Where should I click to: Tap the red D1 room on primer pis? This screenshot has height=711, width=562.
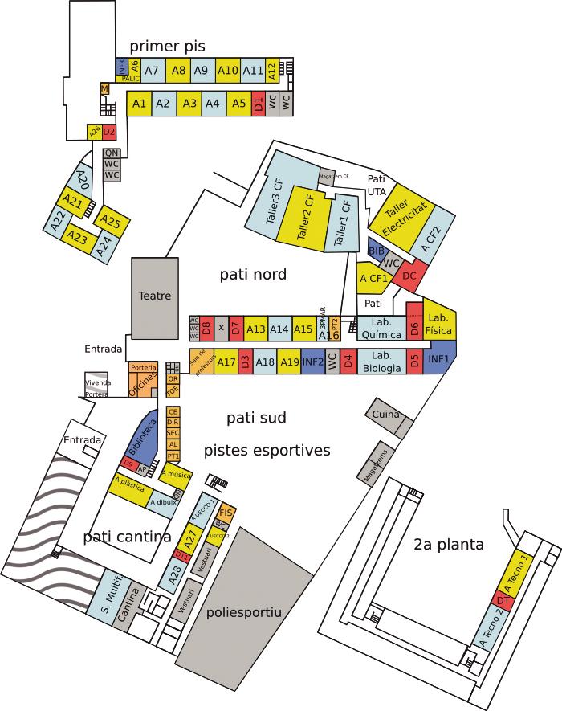[x=259, y=103]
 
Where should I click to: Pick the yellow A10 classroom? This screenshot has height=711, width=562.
[x=228, y=71]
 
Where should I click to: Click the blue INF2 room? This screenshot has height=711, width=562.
[x=313, y=362]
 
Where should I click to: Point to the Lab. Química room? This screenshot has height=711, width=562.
[x=381, y=329]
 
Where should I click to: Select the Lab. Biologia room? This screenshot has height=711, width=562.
[x=381, y=362]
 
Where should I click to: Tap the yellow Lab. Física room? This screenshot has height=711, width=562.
[x=439, y=322]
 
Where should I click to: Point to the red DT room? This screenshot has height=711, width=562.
[x=503, y=600]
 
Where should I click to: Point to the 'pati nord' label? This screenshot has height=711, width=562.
[x=253, y=275]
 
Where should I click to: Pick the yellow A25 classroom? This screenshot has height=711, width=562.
[x=111, y=223]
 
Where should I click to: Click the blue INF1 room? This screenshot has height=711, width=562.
[x=438, y=358]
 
